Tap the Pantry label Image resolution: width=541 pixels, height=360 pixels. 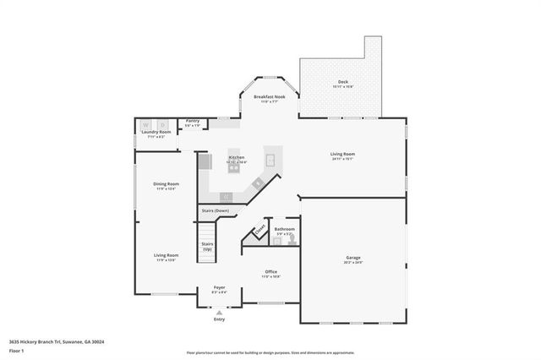pyautogui.click(x=193, y=121)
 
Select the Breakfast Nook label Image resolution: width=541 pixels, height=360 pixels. pyautogui.click(x=270, y=97)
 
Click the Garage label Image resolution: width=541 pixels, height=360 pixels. pyautogui.click(x=353, y=258)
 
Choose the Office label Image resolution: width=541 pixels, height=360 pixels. pyautogui.click(x=270, y=271)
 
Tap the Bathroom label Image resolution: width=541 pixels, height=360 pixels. pyautogui.click(x=284, y=229)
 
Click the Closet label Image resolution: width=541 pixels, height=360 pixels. pyautogui.click(x=260, y=229)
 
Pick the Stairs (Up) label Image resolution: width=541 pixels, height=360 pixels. pyautogui.click(x=207, y=246)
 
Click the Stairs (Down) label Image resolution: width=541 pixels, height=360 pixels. pyautogui.click(x=215, y=210)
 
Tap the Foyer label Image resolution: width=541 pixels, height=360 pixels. pyautogui.click(x=219, y=287)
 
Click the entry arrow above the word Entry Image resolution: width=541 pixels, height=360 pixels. pyautogui.click(x=220, y=312)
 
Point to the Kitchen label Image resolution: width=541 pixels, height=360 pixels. pyautogui.click(x=236, y=157)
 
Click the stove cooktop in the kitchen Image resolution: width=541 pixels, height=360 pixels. pyautogui.click(x=233, y=168)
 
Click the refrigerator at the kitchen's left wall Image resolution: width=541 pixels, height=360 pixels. pyautogui.click(x=203, y=161)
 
